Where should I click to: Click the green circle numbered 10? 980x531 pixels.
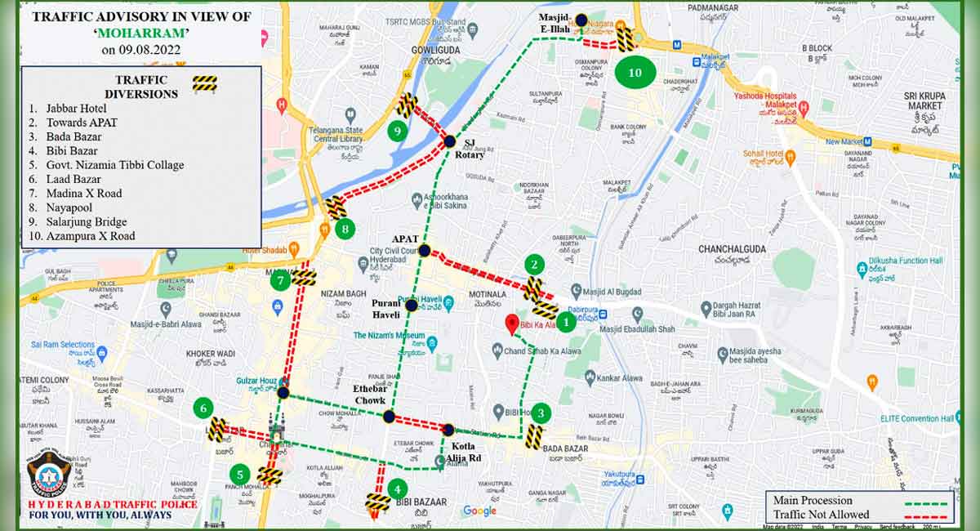(635, 73)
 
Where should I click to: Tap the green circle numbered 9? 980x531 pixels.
(398, 130)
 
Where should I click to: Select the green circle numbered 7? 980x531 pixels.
(281, 281)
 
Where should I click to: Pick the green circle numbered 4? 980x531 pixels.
(398, 490)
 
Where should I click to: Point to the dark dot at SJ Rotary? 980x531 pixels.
(449, 141)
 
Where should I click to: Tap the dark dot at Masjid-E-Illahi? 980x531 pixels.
(581, 20)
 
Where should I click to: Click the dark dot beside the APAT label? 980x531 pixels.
(425, 250)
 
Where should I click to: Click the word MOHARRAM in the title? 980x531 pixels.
(141, 33)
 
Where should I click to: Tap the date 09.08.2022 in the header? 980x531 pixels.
(141, 50)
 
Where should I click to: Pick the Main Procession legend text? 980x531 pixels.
(813, 500)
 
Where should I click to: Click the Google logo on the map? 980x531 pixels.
(479, 511)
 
